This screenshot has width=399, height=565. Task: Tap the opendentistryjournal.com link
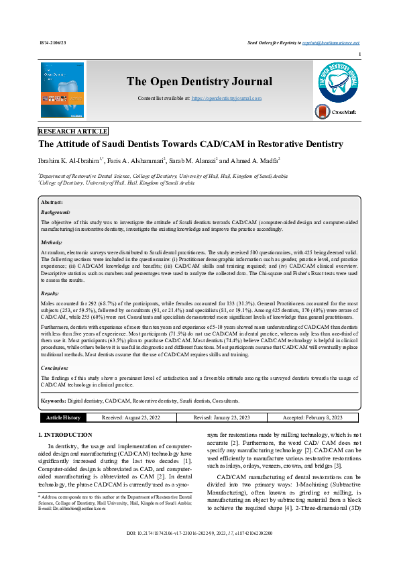click(227, 98)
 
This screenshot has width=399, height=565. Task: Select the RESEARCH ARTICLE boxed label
click(73, 132)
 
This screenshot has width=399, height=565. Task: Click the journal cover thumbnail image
click(62, 91)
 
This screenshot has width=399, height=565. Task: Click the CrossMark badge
click(339, 111)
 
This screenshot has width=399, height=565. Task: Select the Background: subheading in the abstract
click(56, 211)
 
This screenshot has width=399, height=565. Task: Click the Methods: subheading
click(52, 242)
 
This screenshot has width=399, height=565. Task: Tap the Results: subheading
click(50, 293)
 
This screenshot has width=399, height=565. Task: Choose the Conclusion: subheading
click(55, 368)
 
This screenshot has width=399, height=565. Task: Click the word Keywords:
click(53, 400)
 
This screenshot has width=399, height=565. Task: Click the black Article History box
click(62, 417)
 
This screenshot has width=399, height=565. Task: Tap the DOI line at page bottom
click(199, 552)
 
